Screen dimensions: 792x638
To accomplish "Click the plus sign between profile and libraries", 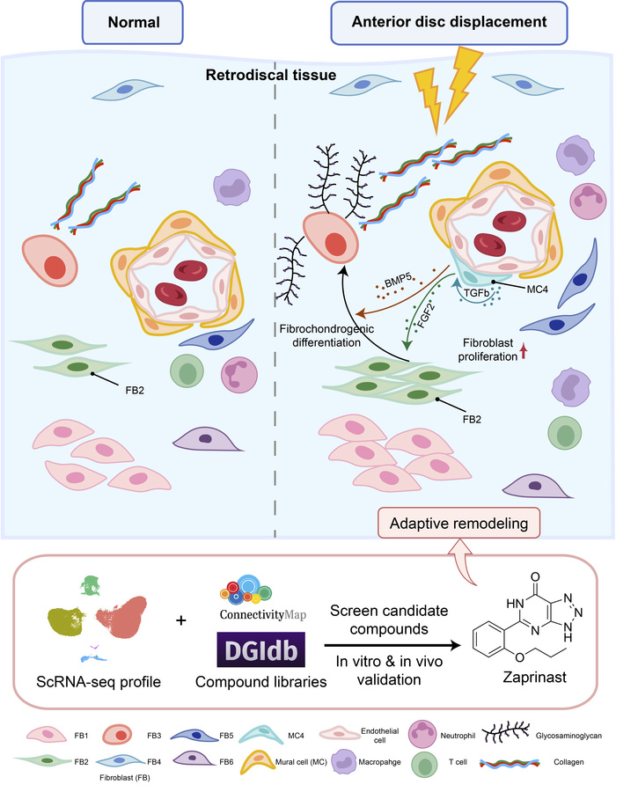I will [182, 620].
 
